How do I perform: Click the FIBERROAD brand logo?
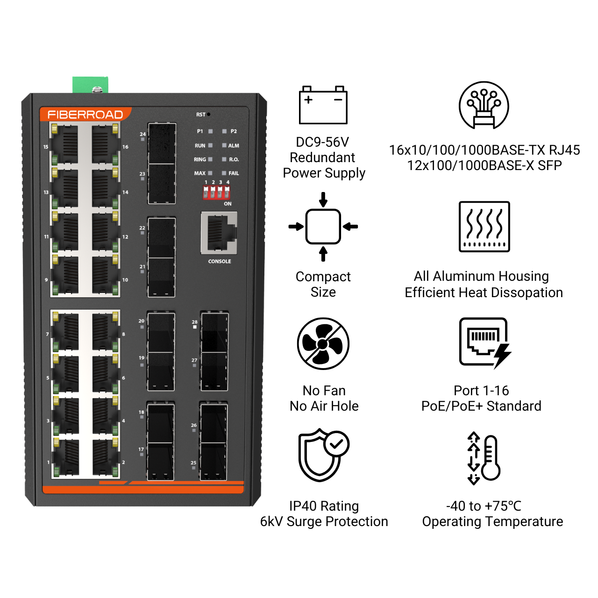(85, 114)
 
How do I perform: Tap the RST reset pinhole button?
(208, 114)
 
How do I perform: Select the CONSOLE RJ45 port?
(219, 232)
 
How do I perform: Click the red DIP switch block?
(216, 192)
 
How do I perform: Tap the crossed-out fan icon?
(323, 344)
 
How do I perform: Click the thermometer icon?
(484, 458)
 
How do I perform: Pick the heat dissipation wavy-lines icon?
(484, 227)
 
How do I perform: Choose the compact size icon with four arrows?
(323, 227)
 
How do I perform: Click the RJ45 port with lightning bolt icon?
(484, 343)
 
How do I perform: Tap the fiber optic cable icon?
(484, 105)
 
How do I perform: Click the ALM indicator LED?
(224, 145)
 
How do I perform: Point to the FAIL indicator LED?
(224, 173)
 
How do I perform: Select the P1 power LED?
(210, 131)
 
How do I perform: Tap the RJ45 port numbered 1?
(65, 457)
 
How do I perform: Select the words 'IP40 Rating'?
(324, 506)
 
